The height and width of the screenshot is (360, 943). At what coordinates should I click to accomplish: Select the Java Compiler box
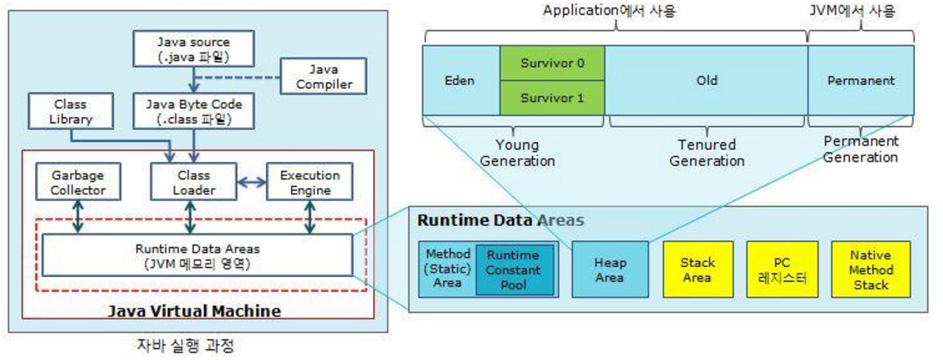click(323, 76)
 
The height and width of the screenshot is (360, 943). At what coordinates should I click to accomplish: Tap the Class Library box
click(69, 111)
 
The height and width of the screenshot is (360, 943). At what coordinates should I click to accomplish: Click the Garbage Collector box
click(77, 183)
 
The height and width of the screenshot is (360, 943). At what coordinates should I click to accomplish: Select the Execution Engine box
click(309, 183)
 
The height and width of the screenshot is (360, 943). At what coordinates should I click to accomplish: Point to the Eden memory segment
click(462, 81)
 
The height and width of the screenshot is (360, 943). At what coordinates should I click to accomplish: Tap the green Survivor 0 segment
click(552, 63)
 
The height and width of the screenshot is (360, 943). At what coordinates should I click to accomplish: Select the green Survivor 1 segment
click(552, 97)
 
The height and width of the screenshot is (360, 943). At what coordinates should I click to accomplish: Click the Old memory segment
click(706, 81)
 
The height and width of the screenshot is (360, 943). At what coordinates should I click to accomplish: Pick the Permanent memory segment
click(862, 81)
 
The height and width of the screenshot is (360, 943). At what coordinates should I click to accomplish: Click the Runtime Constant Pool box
click(514, 269)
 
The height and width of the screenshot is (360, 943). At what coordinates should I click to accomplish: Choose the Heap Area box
click(610, 269)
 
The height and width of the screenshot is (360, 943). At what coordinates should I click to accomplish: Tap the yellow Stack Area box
click(698, 269)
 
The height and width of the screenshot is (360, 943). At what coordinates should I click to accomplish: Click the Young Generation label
click(526, 153)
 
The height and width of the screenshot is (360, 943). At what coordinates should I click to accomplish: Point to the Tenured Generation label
click(707, 153)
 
